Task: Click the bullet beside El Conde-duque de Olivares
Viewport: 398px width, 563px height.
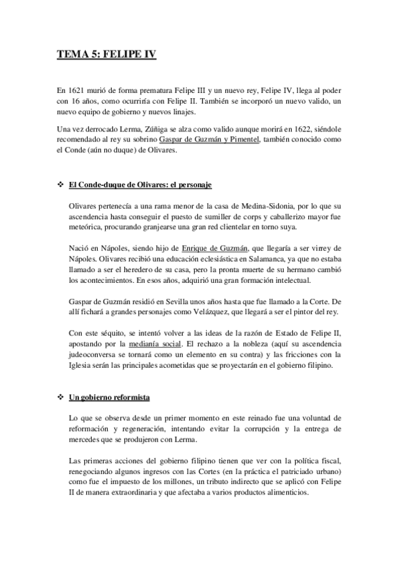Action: [x=60, y=183]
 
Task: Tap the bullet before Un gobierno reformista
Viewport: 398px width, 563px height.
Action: [x=60, y=398]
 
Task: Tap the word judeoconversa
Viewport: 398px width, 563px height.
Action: [x=95, y=355]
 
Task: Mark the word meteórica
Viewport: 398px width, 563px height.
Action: [x=88, y=224]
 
